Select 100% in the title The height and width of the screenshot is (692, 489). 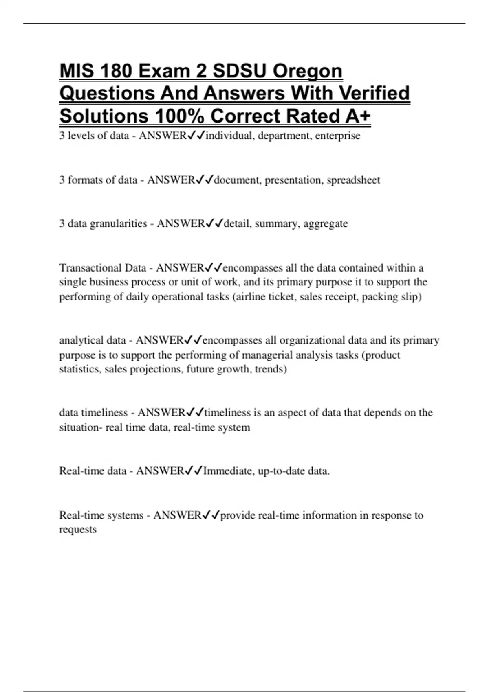coord(179,116)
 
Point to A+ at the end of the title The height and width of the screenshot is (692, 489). coord(357,116)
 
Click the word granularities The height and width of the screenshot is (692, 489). coord(118,223)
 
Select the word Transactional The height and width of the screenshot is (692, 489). coord(90,268)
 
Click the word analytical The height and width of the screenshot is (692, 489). coord(81,340)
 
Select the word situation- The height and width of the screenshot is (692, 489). coord(81,427)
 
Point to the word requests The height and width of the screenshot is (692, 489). coord(78,530)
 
